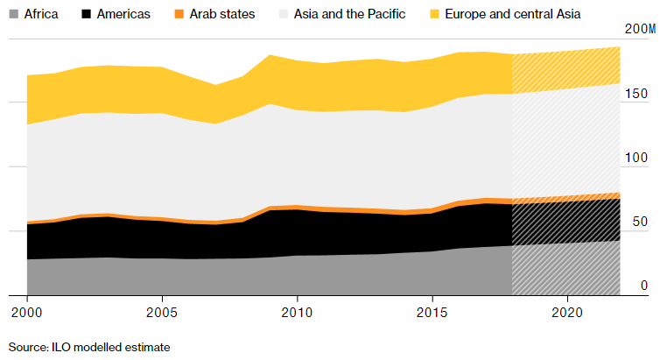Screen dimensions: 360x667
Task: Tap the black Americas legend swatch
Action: coord(85,14)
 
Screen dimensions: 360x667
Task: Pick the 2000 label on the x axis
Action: coord(27,311)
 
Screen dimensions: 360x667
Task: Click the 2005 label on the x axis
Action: coord(162,311)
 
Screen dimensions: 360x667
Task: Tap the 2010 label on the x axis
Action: coord(298,311)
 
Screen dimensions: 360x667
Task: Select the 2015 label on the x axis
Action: coord(432,311)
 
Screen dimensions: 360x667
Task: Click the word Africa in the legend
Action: coord(42,14)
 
